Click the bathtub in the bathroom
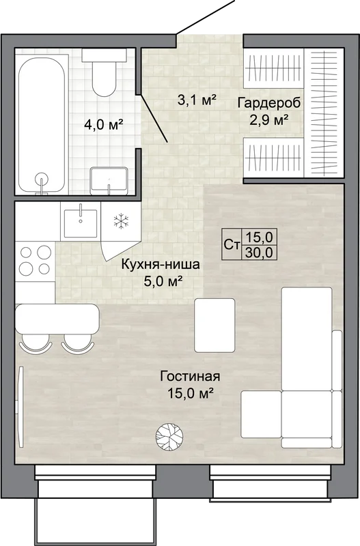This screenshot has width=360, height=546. (42, 124)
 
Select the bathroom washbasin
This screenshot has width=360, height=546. (109, 181)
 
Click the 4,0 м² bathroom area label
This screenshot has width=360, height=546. (105, 124)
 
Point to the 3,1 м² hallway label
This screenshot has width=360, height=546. (197, 100)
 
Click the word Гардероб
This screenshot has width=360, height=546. (268, 103)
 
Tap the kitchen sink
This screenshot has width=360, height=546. (81, 222)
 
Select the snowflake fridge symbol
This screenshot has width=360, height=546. (122, 220)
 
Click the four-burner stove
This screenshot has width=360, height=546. (35, 260)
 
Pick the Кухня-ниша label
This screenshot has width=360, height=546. (161, 264)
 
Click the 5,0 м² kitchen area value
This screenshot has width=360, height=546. (164, 281)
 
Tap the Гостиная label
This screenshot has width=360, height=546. (190, 377)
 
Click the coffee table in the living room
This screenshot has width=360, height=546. (214, 325)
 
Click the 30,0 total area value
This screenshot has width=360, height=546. (260, 252)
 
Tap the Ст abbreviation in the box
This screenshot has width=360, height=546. (231, 245)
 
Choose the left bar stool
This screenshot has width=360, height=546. (36, 344)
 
